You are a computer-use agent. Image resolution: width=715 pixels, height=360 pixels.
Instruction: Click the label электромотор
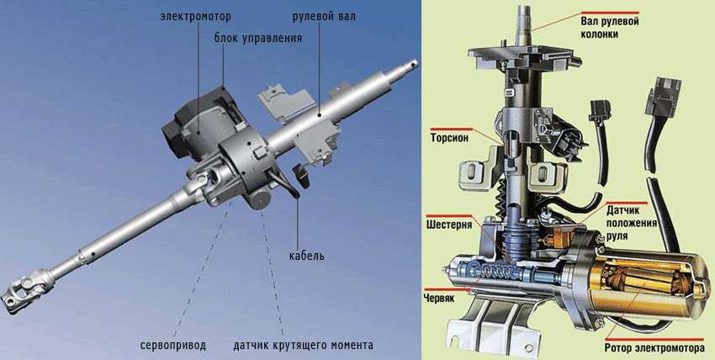pos(196,18)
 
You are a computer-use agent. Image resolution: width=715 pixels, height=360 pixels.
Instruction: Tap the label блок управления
pos(258,38)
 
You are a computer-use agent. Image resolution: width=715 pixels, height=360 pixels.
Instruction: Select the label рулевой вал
pos(324,18)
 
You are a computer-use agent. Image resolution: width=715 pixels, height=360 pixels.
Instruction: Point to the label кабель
pos(307,256)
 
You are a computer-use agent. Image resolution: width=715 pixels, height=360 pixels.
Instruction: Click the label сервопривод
pos(173,345)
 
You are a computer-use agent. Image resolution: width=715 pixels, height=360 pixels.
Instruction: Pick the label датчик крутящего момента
pos(303,345)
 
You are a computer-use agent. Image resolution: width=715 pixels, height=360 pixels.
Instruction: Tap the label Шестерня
pos(449,225)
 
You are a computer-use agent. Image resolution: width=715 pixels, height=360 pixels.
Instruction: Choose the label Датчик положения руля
pos(631,223)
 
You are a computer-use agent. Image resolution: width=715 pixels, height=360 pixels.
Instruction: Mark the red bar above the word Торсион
pos(452,129)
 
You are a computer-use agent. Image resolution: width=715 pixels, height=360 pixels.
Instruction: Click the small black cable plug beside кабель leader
pos(301,176)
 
